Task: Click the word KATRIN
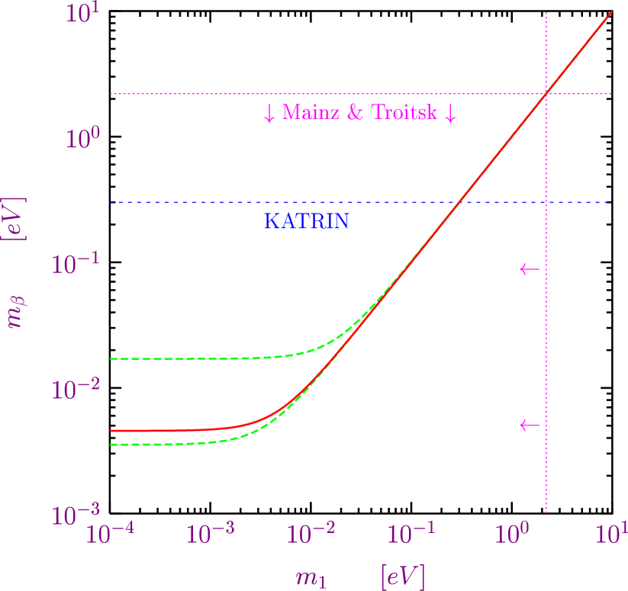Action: [306, 222]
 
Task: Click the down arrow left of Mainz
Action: [269, 114]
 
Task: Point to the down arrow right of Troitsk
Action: [450, 114]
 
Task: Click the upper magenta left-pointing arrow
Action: [530, 269]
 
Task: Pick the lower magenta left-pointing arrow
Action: [530, 425]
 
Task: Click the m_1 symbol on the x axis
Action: [311, 578]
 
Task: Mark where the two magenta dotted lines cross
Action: [546, 94]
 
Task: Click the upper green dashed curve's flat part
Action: [191, 358]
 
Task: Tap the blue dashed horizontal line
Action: [191, 203]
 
